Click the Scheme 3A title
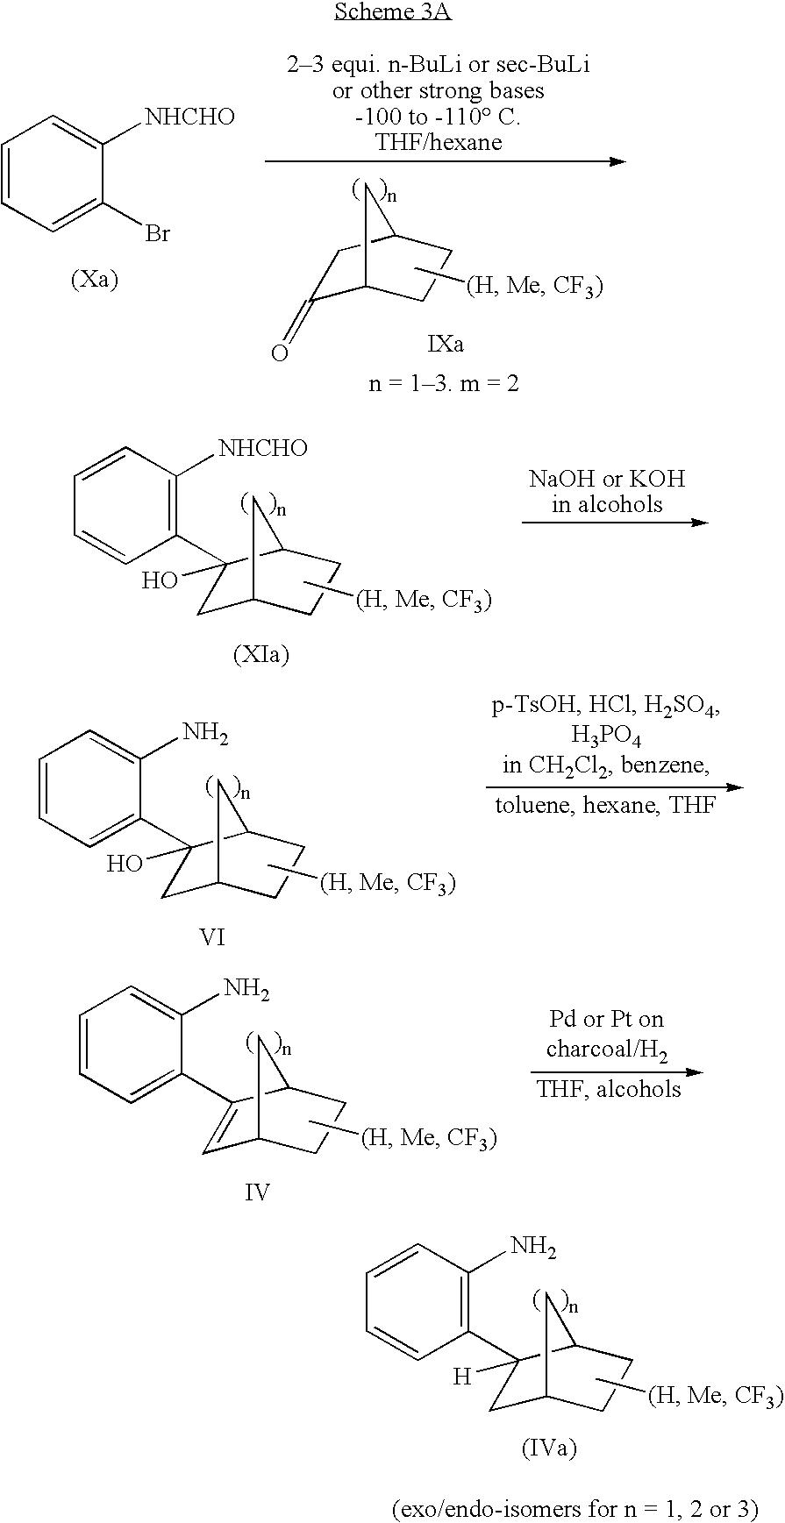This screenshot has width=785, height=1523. pyautogui.click(x=393, y=12)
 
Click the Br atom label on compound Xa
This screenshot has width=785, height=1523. pyautogui.click(x=158, y=235)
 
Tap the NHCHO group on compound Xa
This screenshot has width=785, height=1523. pyautogui.click(x=189, y=117)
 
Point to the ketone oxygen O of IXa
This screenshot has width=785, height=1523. pyautogui.click(x=280, y=354)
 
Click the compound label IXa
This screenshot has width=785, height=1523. pyautogui.click(x=446, y=344)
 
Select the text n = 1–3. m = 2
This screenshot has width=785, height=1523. pyautogui.click(x=444, y=383)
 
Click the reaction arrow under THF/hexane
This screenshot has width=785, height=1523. pyautogui.click(x=446, y=161)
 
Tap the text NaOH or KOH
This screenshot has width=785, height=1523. pyautogui.click(x=607, y=479)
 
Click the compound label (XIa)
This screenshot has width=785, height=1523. pyautogui.click(x=261, y=654)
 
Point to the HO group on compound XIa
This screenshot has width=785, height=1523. pyautogui.click(x=161, y=580)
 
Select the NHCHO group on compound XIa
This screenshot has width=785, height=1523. pyautogui.click(x=263, y=449)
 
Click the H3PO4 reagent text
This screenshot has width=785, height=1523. pyautogui.click(x=606, y=734)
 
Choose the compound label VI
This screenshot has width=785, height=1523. pyautogui.click(x=213, y=936)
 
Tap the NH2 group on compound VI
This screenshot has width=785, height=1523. pyautogui.click(x=205, y=733)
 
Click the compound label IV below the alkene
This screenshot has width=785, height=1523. pyautogui.click(x=257, y=1192)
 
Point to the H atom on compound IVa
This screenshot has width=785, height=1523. pyautogui.click(x=461, y=1377)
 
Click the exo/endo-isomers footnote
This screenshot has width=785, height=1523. pyautogui.click(x=574, y=1508)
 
